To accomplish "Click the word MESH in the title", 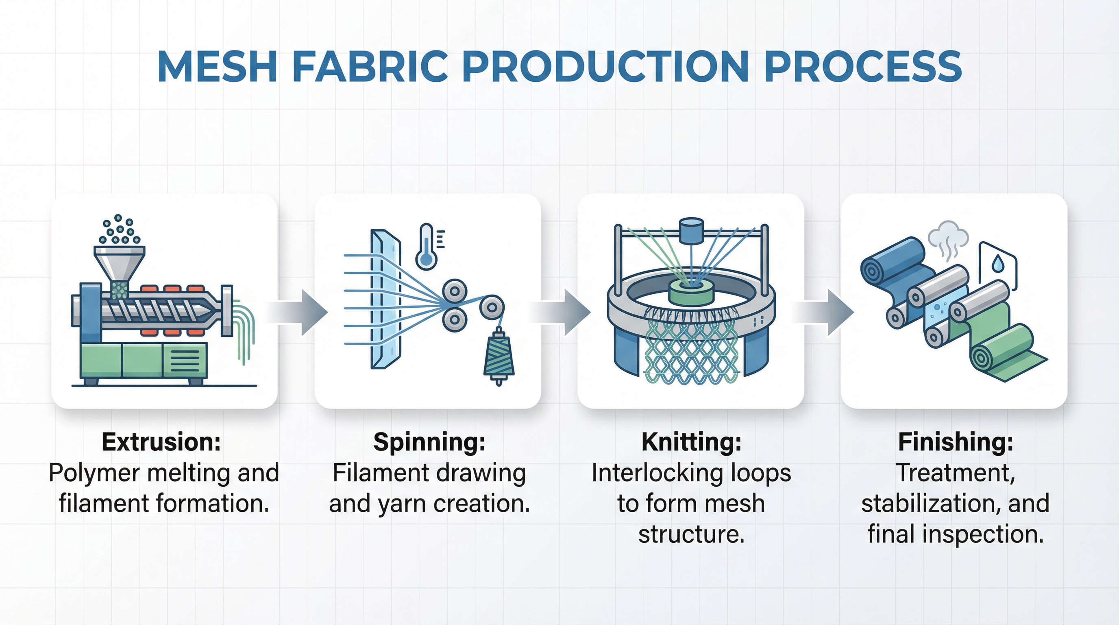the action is [217, 66].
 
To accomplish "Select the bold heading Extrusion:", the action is [161, 442].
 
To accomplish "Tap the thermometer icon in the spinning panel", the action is [427, 247].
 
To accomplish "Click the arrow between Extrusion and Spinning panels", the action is [297, 312].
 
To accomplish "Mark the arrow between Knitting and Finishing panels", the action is [823, 312].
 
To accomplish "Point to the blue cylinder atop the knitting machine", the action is [691, 230].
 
